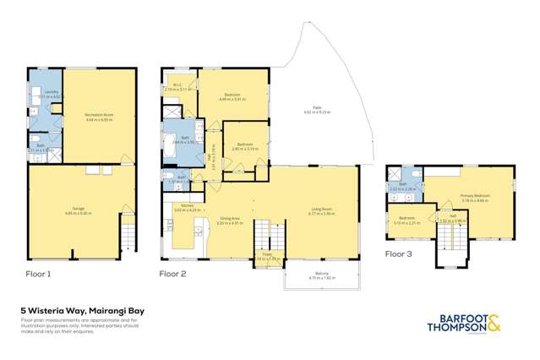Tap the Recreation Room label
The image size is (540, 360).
[x=100, y=114]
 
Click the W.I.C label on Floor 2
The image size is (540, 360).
[x=177, y=85]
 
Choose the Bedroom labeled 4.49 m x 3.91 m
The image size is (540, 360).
[x=232, y=95]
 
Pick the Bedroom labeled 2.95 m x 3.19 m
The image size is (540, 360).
[x=244, y=145]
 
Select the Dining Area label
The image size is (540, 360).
[x=230, y=221]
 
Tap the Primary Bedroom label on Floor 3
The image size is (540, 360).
[x=475, y=196]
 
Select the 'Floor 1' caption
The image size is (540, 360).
[x=39, y=275]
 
